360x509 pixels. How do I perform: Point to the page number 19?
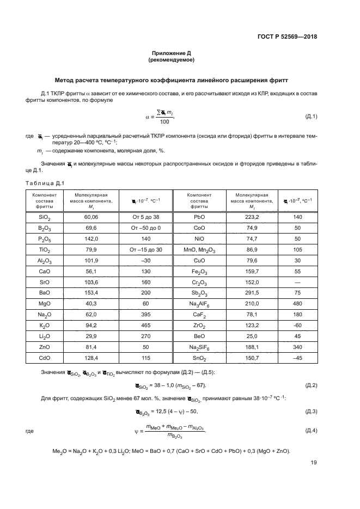[313, 463]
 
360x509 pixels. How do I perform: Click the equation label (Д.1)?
[311, 116]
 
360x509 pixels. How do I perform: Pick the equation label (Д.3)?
[311, 411]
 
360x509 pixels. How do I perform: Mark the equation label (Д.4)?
[311, 431]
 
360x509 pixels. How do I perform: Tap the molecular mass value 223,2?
[250, 216]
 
